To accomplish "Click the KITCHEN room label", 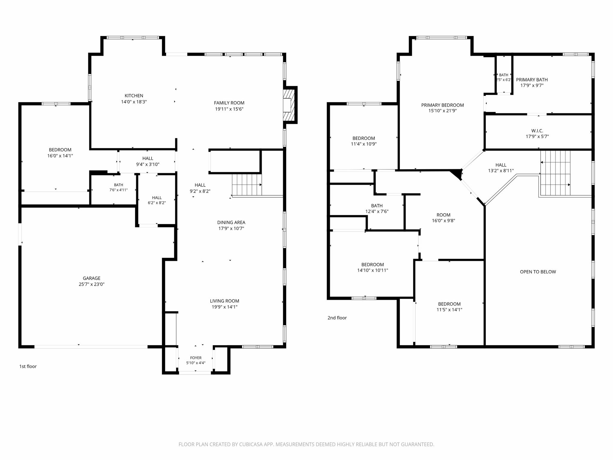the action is tap(134, 96).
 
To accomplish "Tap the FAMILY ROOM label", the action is tap(229, 103).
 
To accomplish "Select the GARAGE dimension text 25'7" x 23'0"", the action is tap(92, 284).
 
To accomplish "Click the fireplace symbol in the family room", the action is tap(289, 105).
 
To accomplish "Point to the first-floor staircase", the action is tap(247, 185).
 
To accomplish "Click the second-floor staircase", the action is tap(555, 173).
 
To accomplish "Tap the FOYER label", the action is tap(196, 358).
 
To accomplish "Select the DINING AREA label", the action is tap(231, 223).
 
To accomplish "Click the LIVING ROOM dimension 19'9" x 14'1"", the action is tap(224, 307).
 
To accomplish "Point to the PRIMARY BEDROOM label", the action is tap(442, 105).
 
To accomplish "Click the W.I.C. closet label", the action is tap(537, 131).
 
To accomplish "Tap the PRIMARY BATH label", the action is tap(532, 80).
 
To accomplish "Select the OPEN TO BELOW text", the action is tap(538, 272).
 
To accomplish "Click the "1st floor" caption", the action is tap(28, 366).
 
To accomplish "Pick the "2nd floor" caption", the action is tap(337, 318).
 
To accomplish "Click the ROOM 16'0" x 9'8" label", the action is tap(443, 218).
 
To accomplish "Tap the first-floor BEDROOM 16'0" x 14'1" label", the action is tap(60, 153).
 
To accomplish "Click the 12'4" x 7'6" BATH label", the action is tap(377, 208).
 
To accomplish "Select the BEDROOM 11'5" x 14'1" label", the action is tap(449, 307).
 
